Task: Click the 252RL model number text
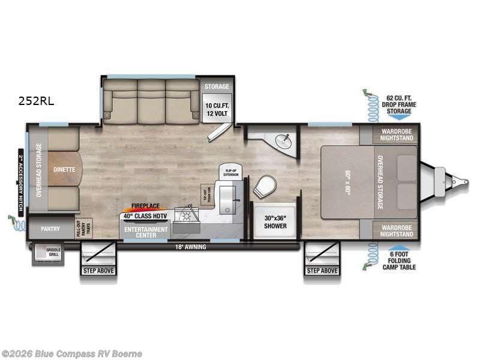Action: click(x=35, y=101)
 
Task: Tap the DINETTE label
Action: click(x=64, y=169)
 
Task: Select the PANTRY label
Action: click(x=50, y=229)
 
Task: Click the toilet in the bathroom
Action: click(x=262, y=187)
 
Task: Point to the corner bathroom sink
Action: click(x=283, y=140)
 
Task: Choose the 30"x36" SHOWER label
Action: click(x=276, y=221)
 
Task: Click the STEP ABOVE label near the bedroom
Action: click(x=322, y=271)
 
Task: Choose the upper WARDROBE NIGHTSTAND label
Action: click(x=396, y=134)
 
